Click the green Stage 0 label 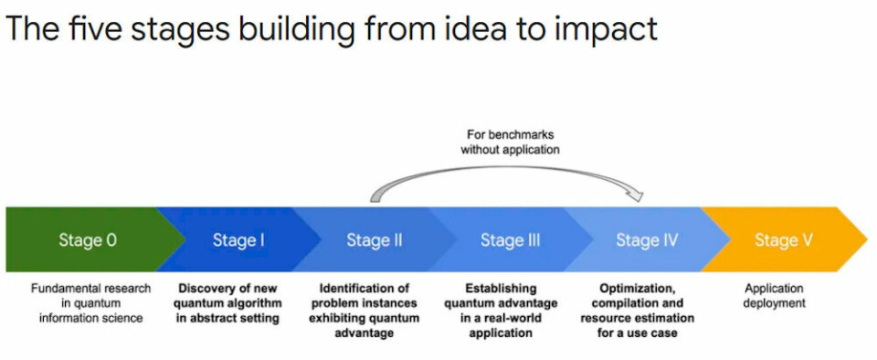88,239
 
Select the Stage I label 238,239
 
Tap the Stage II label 375,239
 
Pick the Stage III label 510,239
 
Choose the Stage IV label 647,239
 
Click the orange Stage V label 783,239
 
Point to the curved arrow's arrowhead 636,196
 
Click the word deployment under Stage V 775,303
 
